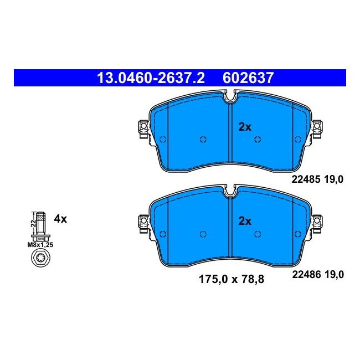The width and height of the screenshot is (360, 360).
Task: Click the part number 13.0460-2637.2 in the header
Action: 151,78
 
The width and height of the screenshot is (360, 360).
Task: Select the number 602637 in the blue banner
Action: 248,78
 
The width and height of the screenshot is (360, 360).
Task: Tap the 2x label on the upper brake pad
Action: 245,127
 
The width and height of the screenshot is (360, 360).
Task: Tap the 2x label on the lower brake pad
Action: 245,221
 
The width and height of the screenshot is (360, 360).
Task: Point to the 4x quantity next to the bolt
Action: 60,219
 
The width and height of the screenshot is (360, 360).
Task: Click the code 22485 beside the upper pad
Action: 306,179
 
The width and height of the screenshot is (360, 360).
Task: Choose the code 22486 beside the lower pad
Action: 306,274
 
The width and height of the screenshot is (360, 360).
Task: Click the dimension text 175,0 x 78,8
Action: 232,279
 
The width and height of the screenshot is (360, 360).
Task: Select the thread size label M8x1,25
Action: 40,245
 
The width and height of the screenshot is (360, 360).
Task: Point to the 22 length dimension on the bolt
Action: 34,223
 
